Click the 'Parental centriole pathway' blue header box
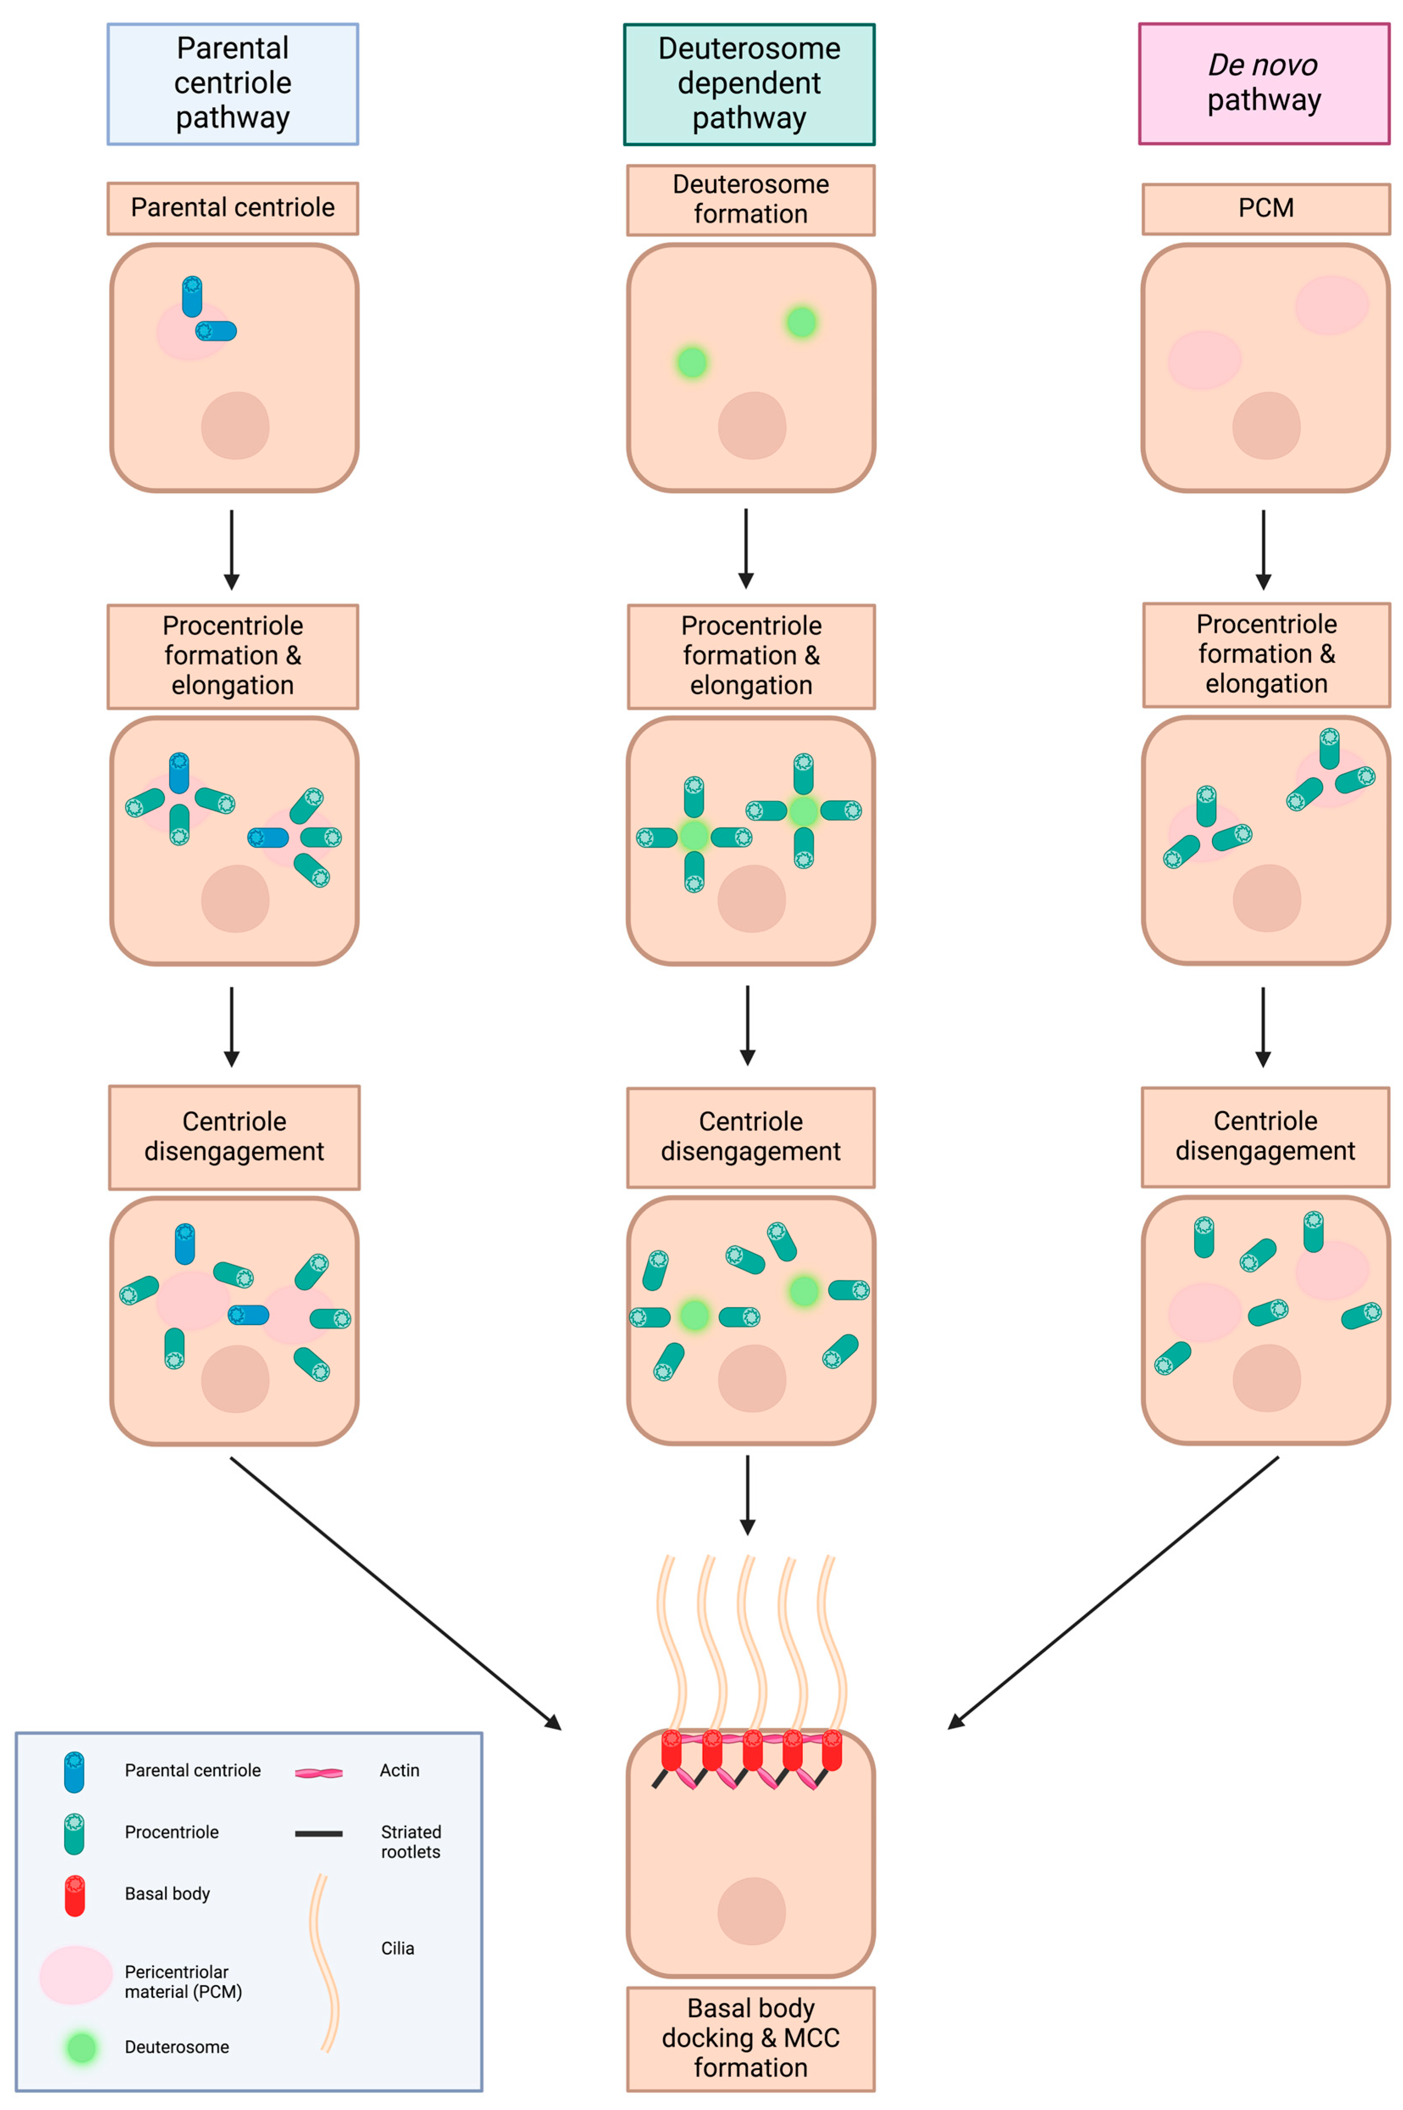pyautogui.click(x=232, y=83)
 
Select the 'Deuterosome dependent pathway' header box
pyautogui.click(x=749, y=83)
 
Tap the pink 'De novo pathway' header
pyautogui.click(x=1263, y=83)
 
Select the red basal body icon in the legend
pyautogui.click(x=75, y=1895)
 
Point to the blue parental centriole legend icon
pyautogui.click(x=74, y=1772)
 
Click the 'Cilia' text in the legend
pyautogui.click(x=397, y=1948)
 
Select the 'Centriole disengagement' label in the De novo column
pyautogui.click(x=1265, y=1137)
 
